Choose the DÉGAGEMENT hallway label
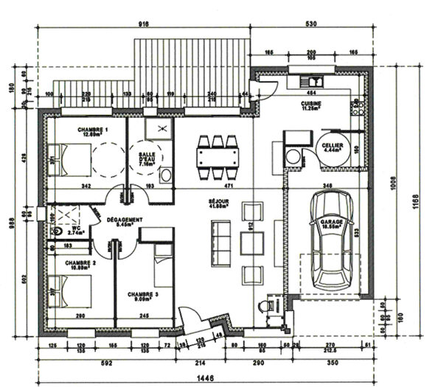pyautogui.click(x=125, y=221)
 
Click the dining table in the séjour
pyautogui.click(x=218, y=157)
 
